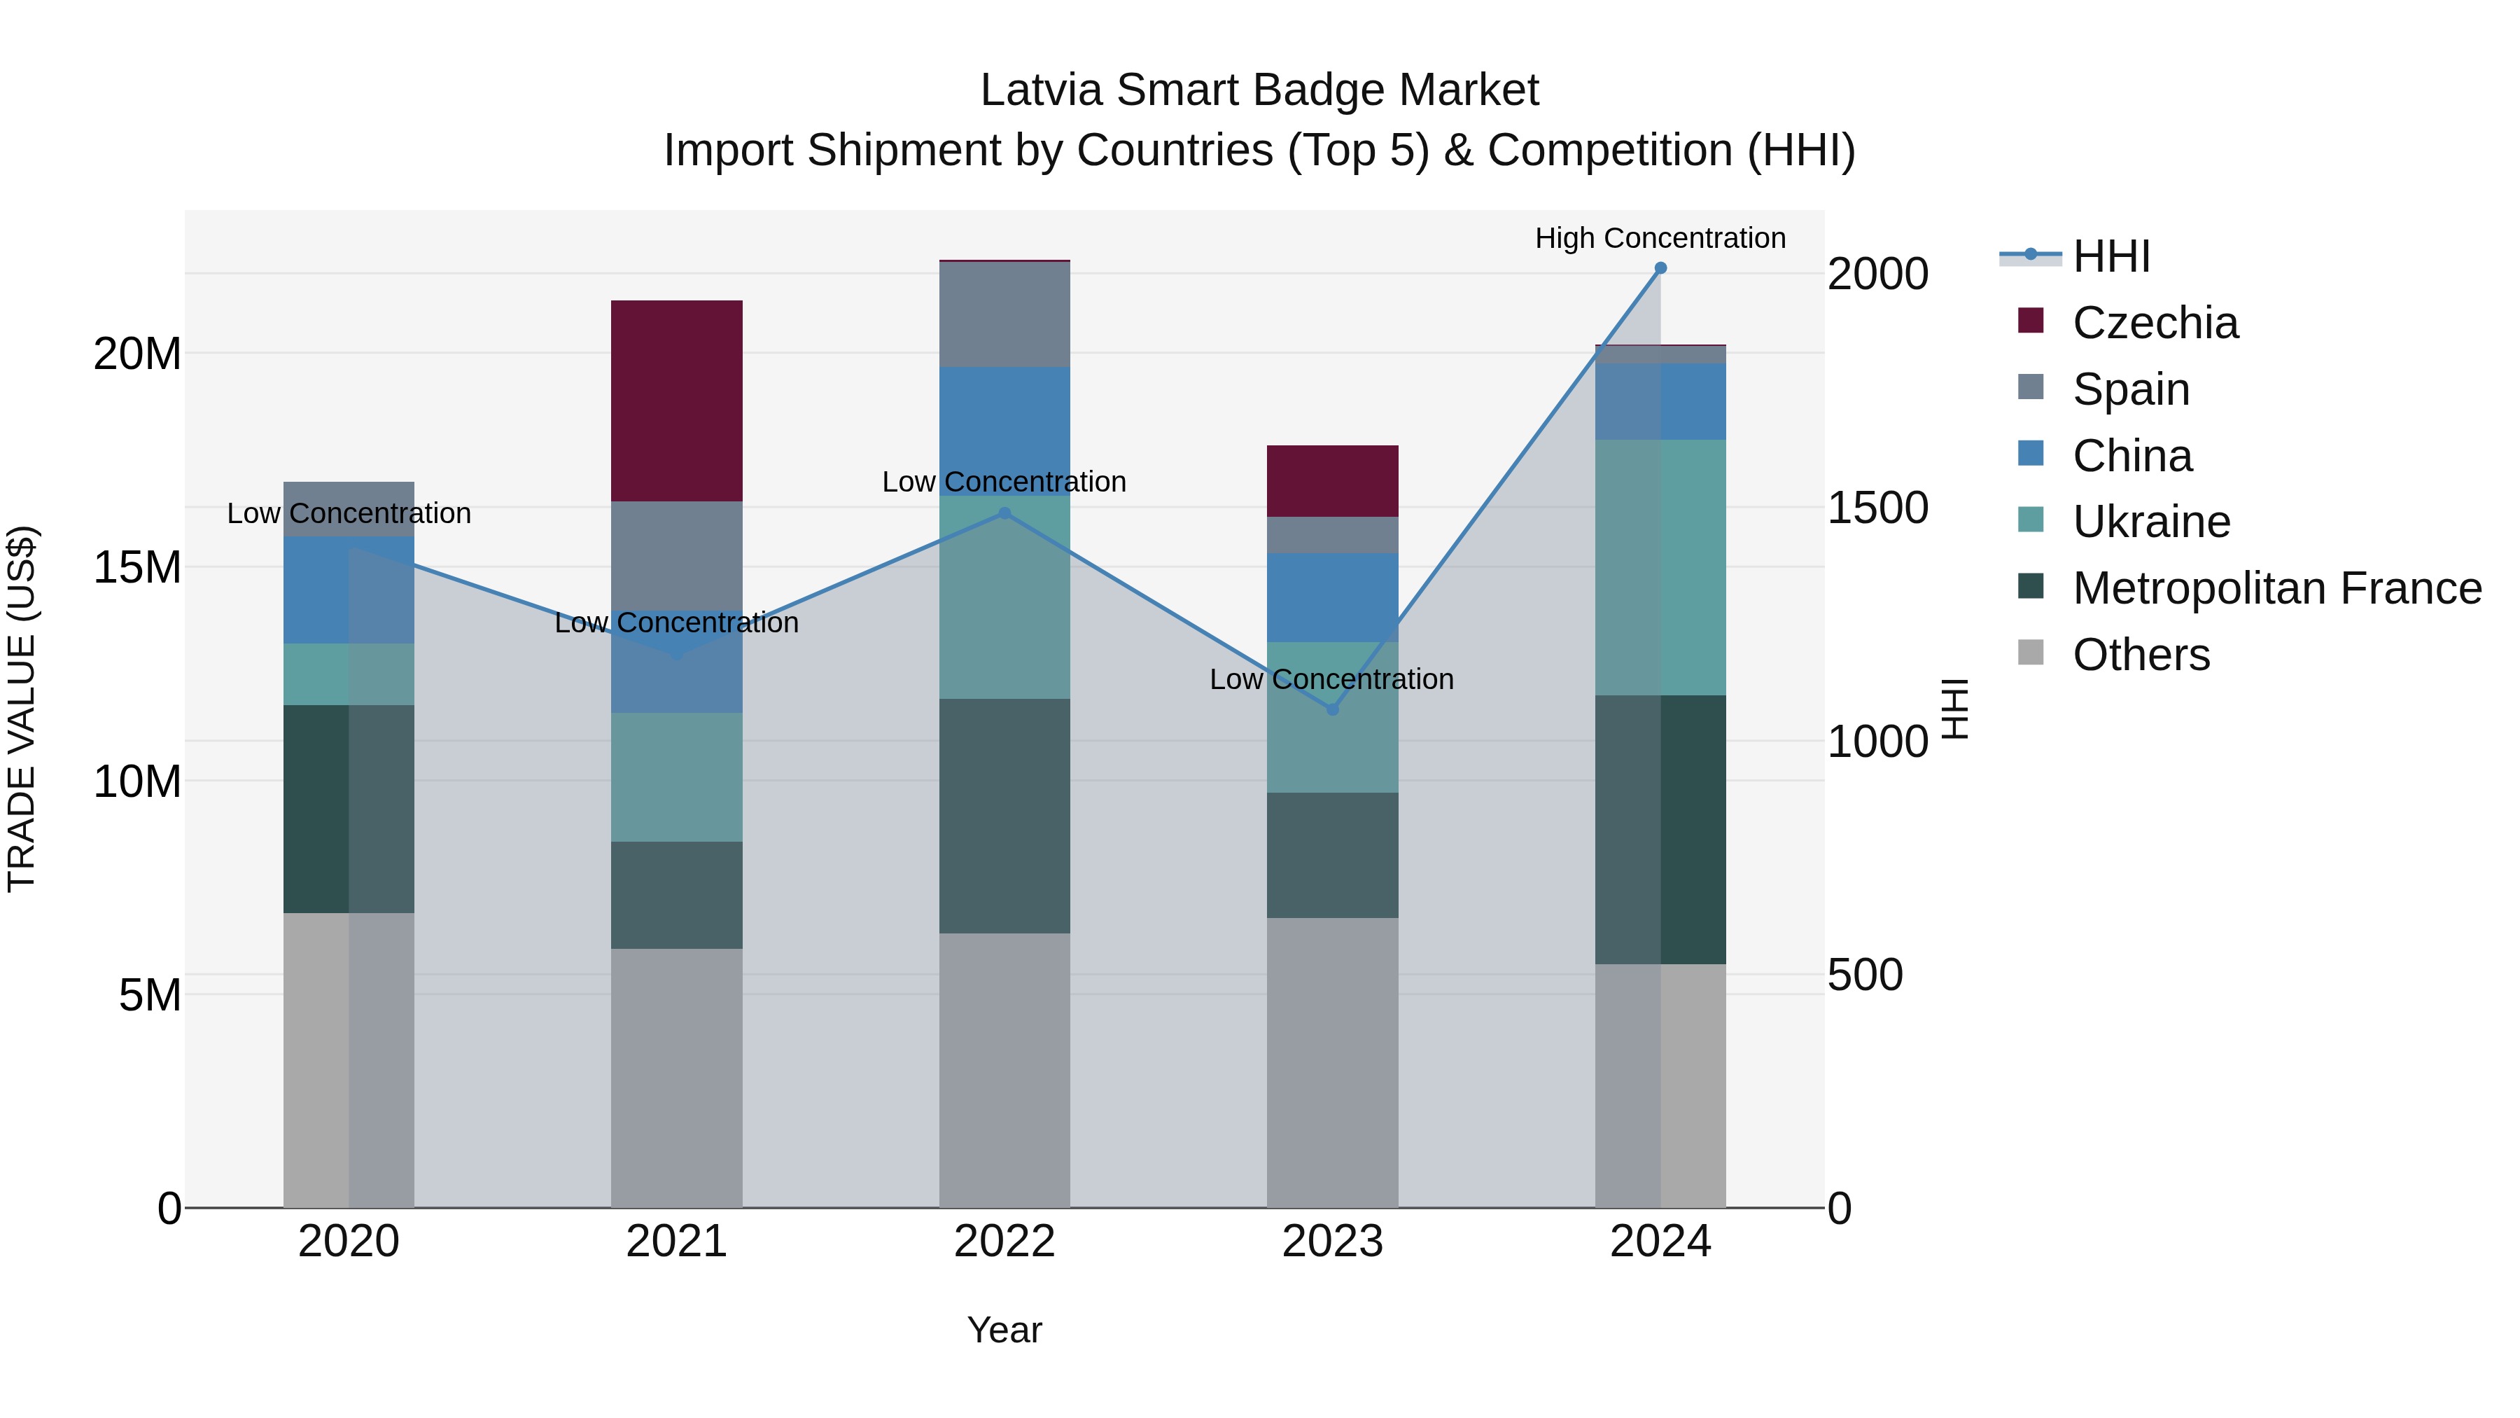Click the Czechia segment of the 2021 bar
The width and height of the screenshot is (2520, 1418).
[676, 401]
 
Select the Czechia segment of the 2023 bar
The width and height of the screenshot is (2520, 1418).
[1331, 480]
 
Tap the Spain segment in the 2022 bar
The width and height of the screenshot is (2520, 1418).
[1004, 314]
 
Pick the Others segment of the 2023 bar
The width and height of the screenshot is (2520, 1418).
[1331, 1062]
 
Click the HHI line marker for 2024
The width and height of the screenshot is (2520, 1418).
[1660, 268]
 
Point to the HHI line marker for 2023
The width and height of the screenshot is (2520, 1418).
[1331, 709]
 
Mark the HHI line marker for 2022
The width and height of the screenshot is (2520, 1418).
[1004, 513]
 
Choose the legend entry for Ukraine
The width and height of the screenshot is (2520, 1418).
[2150, 522]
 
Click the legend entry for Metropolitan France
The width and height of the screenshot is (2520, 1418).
[2276, 588]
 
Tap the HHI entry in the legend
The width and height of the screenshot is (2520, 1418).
[2111, 256]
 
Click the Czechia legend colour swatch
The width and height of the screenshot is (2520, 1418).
[2030, 321]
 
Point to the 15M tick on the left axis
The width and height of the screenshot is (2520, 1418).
[137, 568]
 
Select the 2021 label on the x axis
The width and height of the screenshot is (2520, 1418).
[676, 1242]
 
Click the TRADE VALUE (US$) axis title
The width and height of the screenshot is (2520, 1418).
[22, 709]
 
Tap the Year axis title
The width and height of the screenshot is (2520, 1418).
[1004, 1330]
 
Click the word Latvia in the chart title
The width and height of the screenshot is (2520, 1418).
[1041, 90]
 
